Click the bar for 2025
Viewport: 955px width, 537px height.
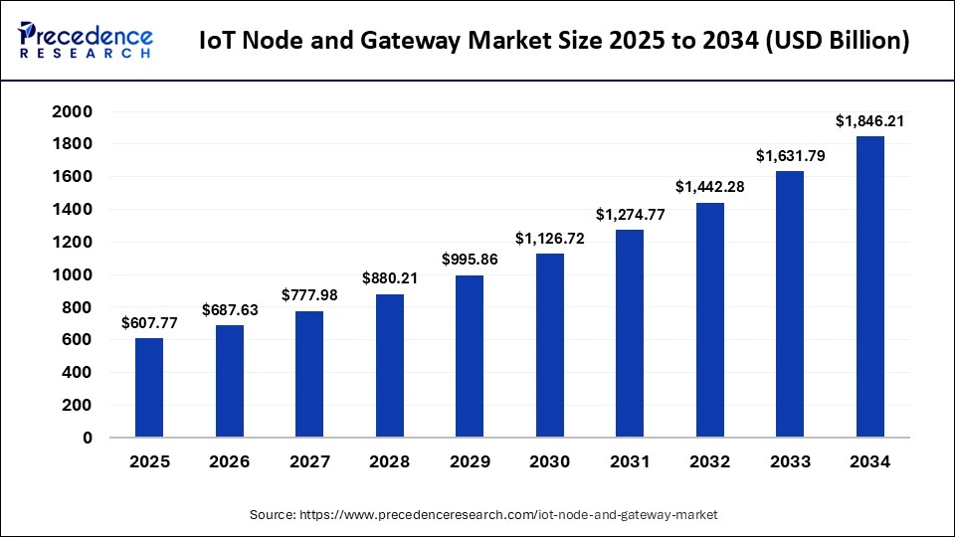[149, 387]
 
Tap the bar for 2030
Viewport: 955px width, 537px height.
[549, 345]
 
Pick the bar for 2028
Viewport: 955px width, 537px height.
[389, 365]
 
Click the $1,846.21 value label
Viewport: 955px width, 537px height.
[869, 121]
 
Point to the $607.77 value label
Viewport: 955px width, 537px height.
[149, 323]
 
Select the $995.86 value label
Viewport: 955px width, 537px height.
[470, 260]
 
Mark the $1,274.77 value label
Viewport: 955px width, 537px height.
[629, 214]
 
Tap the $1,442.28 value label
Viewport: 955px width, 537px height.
[709, 187]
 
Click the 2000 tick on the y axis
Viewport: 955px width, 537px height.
[72, 111]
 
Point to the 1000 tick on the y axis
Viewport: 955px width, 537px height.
[72, 274]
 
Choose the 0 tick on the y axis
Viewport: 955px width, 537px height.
[87, 438]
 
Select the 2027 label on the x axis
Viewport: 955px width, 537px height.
[309, 462]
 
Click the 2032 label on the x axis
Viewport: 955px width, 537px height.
[709, 462]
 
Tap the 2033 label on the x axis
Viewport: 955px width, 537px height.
[790, 462]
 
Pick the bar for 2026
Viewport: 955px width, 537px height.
[229, 380]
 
